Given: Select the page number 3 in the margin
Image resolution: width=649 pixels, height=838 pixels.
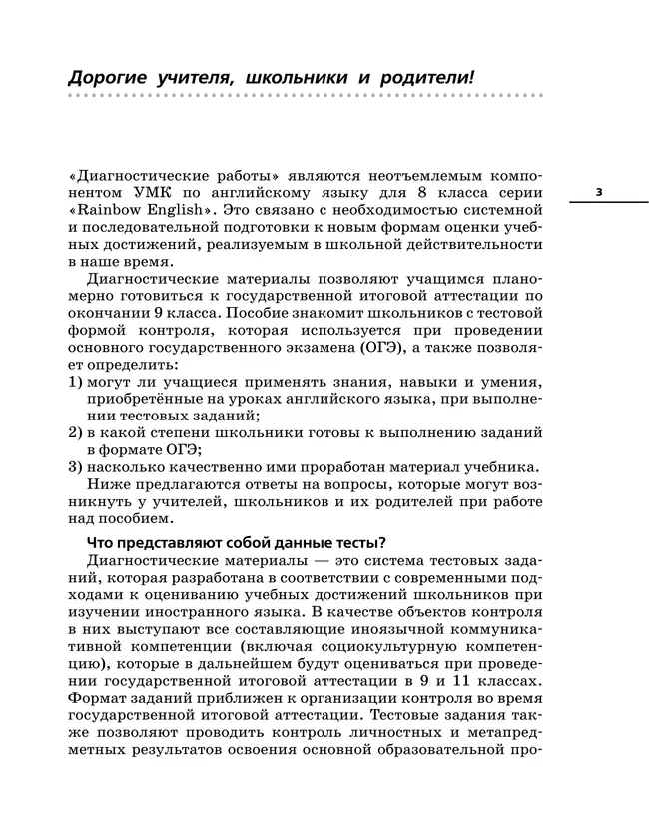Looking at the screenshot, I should coord(598,191).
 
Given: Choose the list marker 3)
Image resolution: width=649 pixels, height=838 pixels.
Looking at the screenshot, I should coord(76,467).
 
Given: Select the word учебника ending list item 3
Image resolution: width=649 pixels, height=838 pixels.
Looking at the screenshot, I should coord(504,467).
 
